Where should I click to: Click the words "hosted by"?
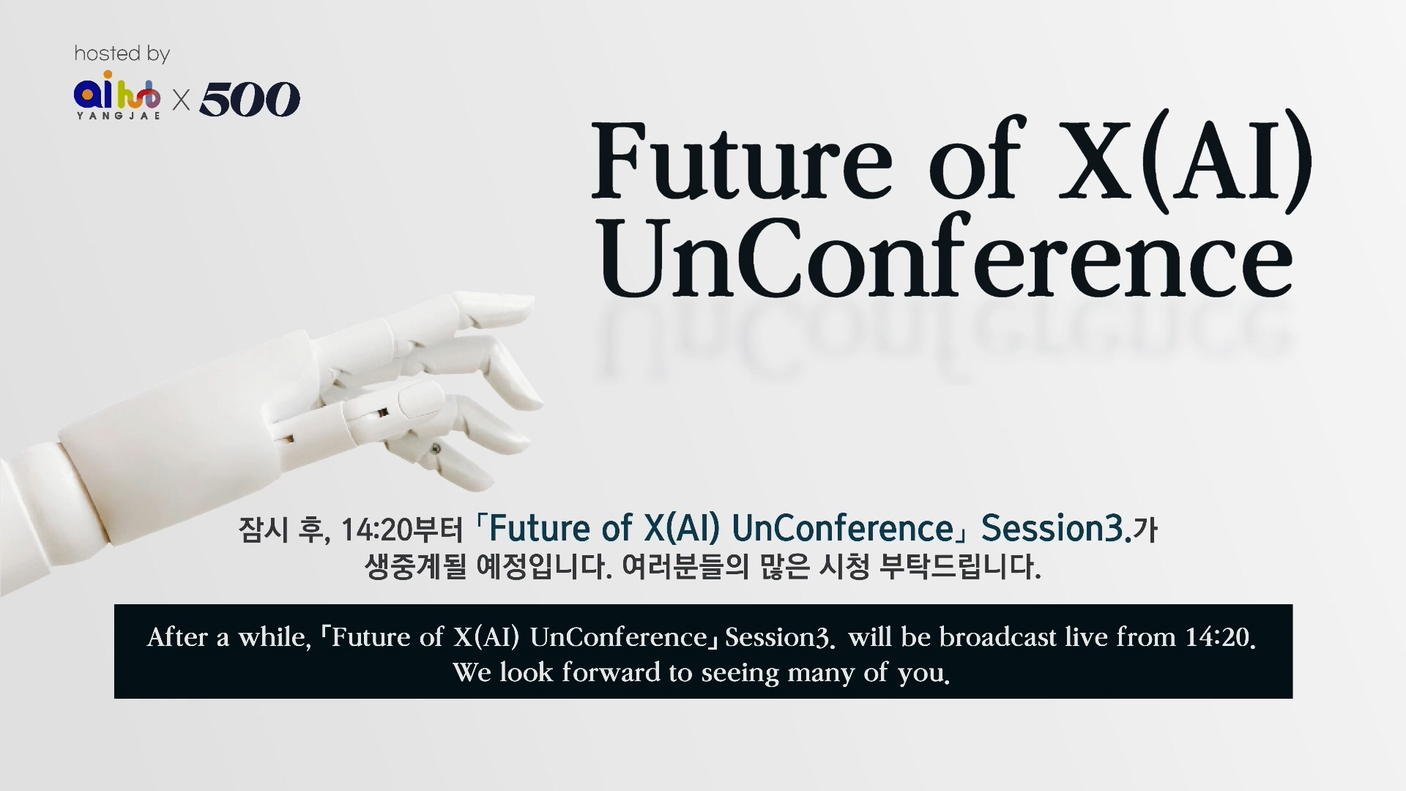pyautogui.click(x=122, y=53)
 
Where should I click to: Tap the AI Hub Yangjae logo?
pyautogui.click(x=117, y=94)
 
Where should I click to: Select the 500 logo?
pyautogui.click(x=250, y=99)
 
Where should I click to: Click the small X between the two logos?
pyautogui.click(x=181, y=100)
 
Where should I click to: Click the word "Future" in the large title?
pyautogui.click(x=742, y=160)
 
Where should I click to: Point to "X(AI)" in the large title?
pyautogui.click(x=1185, y=159)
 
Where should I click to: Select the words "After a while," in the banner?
pyautogui.click(x=229, y=637)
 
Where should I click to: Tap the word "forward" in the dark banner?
pyautogui.click(x=611, y=672)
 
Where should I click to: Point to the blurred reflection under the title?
pyautogui.click(x=945, y=337)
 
